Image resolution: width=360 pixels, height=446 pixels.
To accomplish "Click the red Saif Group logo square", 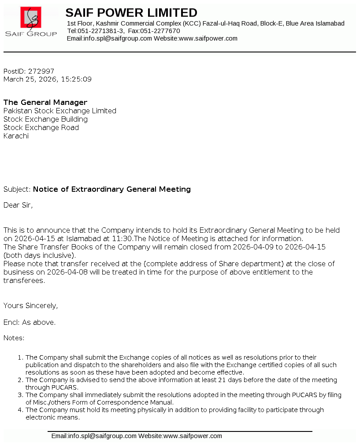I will (31, 18).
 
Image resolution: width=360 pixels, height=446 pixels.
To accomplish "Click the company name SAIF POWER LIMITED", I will (131, 13).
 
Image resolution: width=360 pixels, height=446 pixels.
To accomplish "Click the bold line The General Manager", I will (45, 102).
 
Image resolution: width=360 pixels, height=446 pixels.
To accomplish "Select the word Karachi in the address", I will (16, 136).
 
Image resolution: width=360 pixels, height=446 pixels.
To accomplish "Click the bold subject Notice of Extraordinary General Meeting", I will (112, 189).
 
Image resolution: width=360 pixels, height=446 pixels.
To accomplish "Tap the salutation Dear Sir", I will (18, 205).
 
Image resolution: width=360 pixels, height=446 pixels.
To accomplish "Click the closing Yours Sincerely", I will (30, 305).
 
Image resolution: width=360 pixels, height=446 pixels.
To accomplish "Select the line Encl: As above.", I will (30, 322).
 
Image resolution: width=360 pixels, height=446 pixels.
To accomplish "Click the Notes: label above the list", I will (14, 338).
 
